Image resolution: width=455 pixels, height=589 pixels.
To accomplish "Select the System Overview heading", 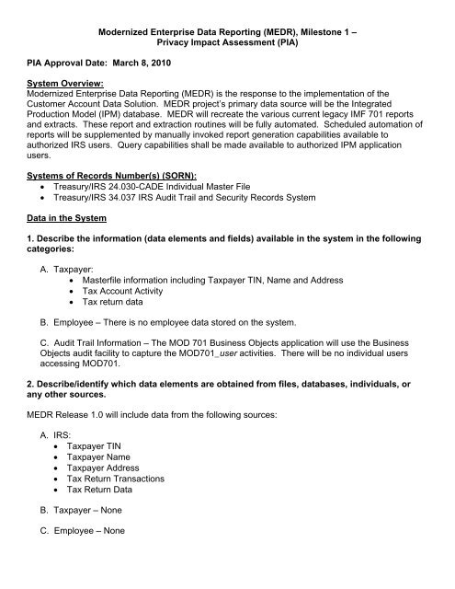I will pyautogui.click(x=61, y=89).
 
